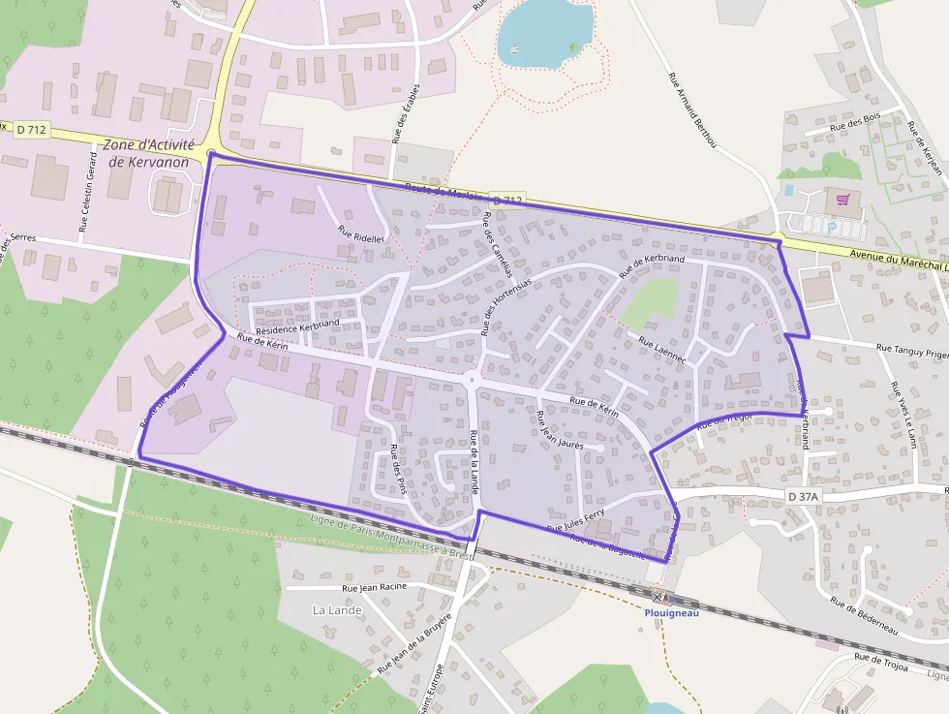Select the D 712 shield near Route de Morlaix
pyautogui.click(x=506, y=200)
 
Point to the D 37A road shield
pyautogui.click(x=803, y=496)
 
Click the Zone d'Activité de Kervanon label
pyautogui.click(x=148, y=153)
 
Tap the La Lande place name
pyautogui.click(x=337, y=610)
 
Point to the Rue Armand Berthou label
pyautogui.click(x=691, y=109)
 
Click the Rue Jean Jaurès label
pyautogui.click(x=560, y=430)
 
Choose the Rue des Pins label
pyautogui.click(x=397, y=470)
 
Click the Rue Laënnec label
pyautogui.click(x=662, y=350)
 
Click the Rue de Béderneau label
pyautogui.click(x=865, y=616)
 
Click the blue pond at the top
pyautogui.click(x=541, y=33)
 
